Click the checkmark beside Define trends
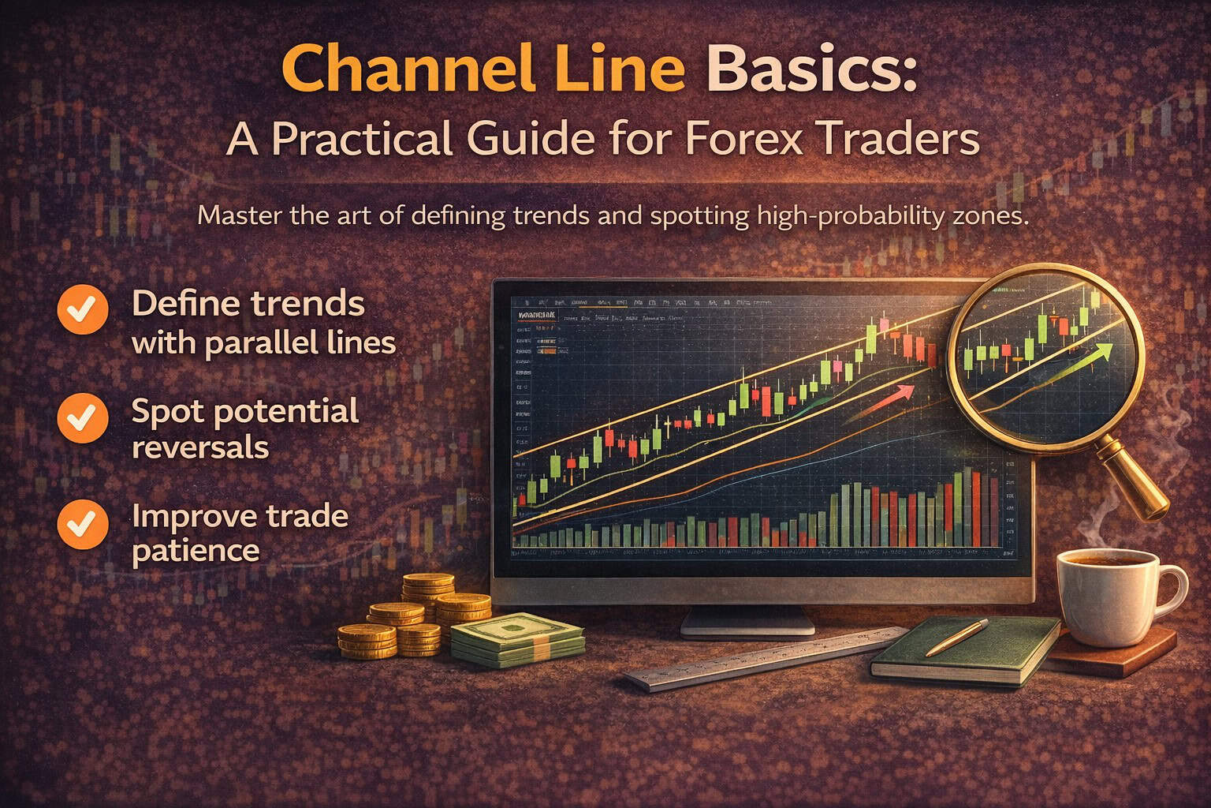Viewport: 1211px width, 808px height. click(x=83, y=309)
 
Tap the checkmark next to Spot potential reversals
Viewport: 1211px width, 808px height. click(x=83, y=417)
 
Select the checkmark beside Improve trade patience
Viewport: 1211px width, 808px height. click(x=83, y=523)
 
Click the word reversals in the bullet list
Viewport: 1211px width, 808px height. click(x=200, y=447)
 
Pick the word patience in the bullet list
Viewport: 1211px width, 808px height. click(x=196, y=550)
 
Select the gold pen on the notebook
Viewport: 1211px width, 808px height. click(x=956, y=638)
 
